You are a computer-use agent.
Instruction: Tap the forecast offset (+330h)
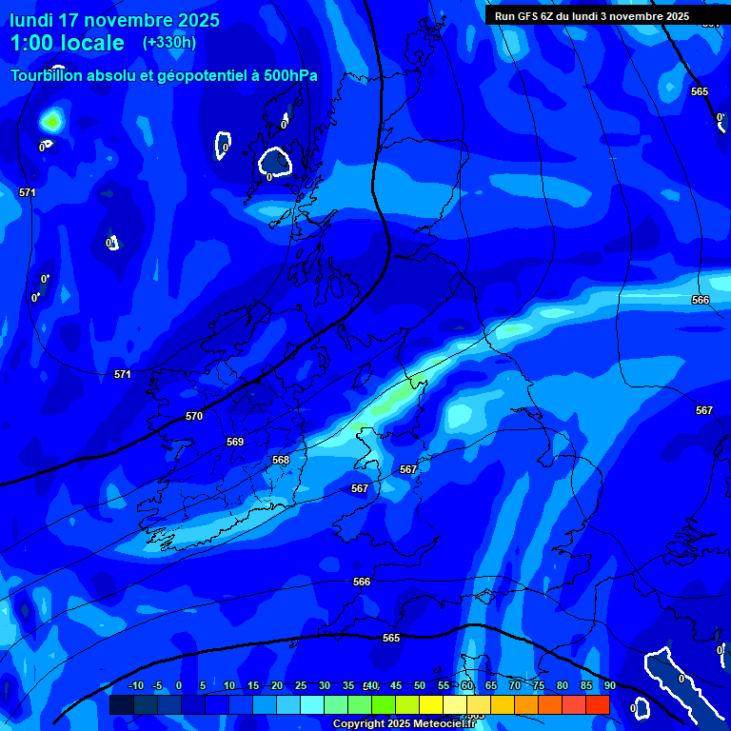point(168,43)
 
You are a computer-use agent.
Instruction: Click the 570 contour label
point(194,416)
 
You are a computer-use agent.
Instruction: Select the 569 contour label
point(235,442)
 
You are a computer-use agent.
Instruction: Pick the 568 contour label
point(281,460)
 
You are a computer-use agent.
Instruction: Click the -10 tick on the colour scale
point(135,685)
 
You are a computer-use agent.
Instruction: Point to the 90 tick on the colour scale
point(609,685)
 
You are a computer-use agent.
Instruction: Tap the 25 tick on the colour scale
point(301,685)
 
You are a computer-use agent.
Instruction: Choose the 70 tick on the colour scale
point(515,685)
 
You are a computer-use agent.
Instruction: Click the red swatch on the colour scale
point(598,704)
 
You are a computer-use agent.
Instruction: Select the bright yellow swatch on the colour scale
point(431,704)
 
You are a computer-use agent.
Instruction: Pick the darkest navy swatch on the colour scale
point(121,704)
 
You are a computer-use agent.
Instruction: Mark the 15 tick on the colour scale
point(253,685)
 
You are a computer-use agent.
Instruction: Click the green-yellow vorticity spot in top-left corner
point(51,121)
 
